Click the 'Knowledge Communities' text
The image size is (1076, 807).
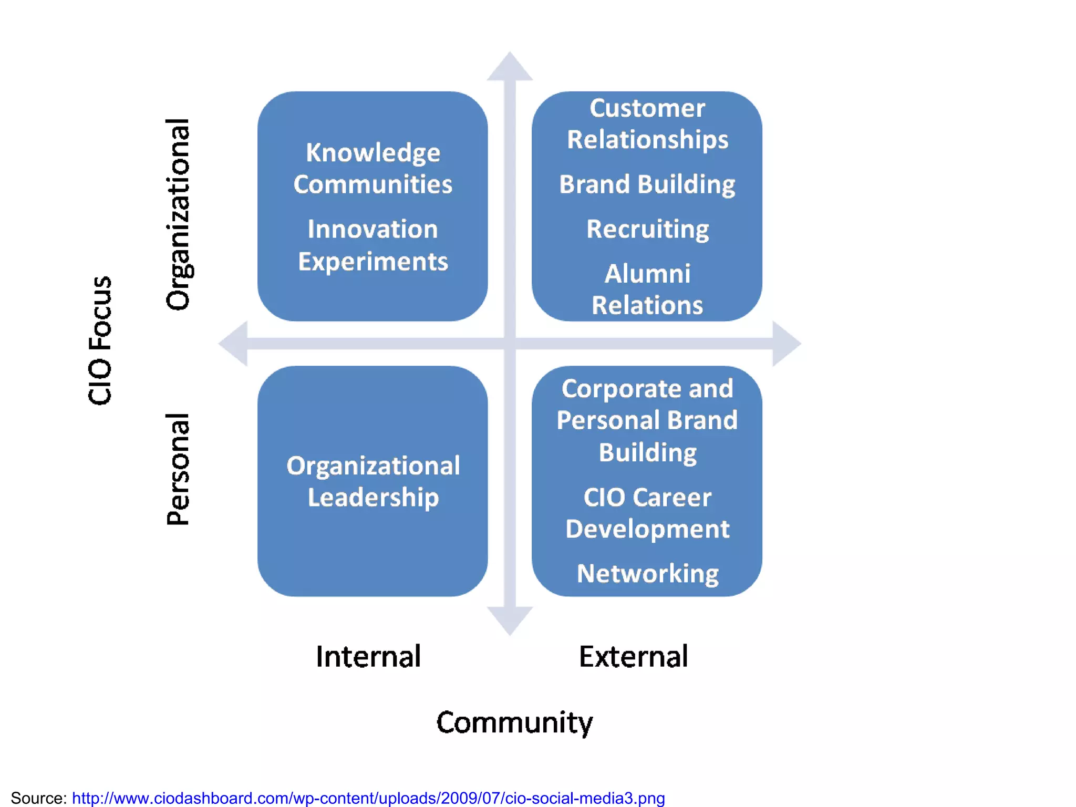[x=373, y=169]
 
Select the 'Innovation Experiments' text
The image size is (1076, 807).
[x=373, y=245]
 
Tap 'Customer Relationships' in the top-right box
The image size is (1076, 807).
[x=647, y=124]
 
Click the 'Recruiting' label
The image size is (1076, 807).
[x=647, y=229]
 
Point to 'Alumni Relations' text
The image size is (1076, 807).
[x=647, y=289]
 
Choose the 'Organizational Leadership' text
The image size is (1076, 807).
[x=373, y=481]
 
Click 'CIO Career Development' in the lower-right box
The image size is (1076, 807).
[x=647, y=513]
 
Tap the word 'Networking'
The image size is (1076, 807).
[x=647, y=574]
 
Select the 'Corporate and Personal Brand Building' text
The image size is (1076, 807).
[x=647, y=420]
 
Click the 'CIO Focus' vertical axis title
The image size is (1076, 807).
[x=100, y=340]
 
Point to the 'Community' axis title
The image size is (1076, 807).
[x=514, y=722]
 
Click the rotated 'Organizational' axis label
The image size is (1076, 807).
[x=178, y=214]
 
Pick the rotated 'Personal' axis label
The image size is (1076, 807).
[x=178, y=469]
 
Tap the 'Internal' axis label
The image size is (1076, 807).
[x=368, y=656]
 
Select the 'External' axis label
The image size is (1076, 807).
[x=633, y=656]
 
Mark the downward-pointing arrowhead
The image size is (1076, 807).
[x=510, y=619]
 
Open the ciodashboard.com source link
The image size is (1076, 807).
[x=368, y=798]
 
